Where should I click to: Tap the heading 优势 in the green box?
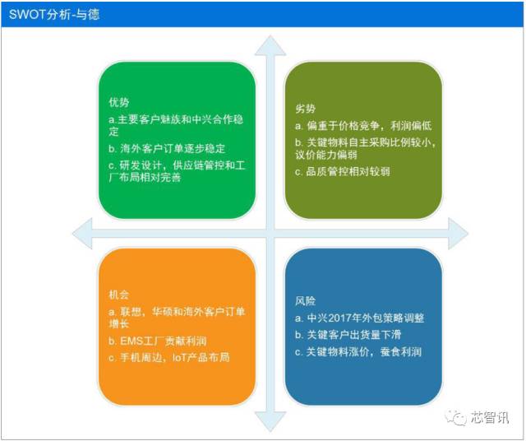[x=118, y=103]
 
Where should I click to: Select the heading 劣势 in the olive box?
[x=305, y=109]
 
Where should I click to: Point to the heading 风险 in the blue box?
[x=305, y=300]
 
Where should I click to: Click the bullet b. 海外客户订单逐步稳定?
[x=167, y=148]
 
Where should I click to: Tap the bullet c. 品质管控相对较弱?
[x=343, y=171]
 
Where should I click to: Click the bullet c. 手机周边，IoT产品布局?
[x=169, y=357]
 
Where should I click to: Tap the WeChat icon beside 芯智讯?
[x=457, y=417]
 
